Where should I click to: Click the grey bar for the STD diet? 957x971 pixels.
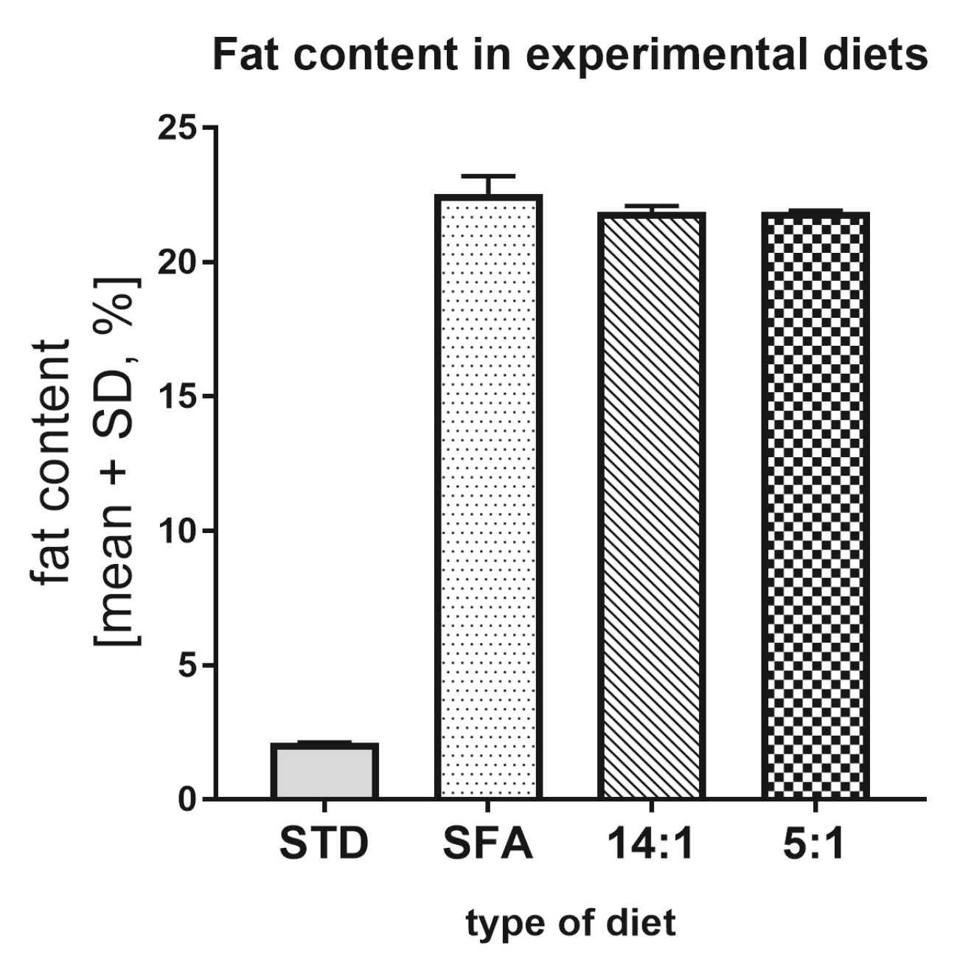[x=324, y=771]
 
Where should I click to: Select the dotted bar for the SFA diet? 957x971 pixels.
[x=488, y=497]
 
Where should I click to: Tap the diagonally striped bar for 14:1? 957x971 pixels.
[x=652, y=506]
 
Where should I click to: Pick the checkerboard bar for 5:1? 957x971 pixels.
[x=815, y=506]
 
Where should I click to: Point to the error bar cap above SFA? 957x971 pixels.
[x=488, y=177]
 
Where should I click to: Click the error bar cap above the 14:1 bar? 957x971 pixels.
[x=652, y=206]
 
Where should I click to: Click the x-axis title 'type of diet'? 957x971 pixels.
[x=570, y=923]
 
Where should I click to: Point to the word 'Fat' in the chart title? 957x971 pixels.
[x=244, y=55]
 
